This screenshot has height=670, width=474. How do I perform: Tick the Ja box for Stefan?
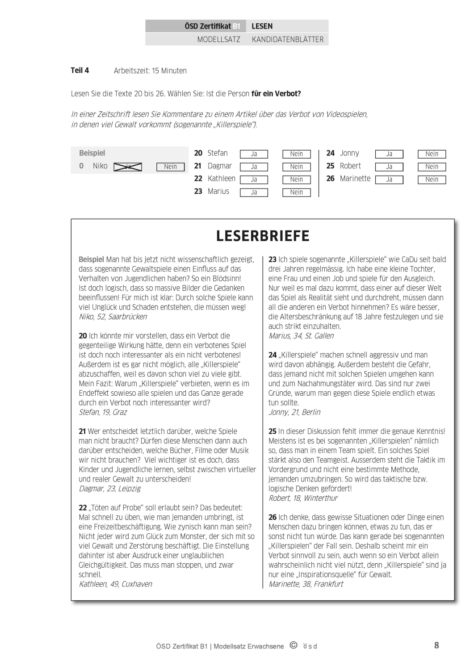click(x=254, y=154)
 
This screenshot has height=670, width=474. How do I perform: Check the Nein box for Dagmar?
click(x=296, y=167)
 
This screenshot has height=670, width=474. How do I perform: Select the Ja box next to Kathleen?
click(x=254, y=180)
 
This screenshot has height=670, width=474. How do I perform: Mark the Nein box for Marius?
click(x=296, y=193)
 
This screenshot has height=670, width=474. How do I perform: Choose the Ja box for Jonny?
click(x=389, y=154)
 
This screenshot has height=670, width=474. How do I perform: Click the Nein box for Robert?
click(x=432, y=167)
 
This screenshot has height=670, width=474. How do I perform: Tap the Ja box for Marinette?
click(x=389, y=180)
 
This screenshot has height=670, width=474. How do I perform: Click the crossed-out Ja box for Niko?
click(x=128, y=167)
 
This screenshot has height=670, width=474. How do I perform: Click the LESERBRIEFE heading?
click(x=263, y=236)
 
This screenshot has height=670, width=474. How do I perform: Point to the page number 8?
click(x=436, y=645)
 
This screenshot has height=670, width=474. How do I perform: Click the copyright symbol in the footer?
click(x=294, y=645)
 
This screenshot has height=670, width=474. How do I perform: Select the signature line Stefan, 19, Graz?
click(x=103, y=412)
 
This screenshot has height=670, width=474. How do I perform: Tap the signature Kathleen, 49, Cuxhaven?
click(x=115, y=584)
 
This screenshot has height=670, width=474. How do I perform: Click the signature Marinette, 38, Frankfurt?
click(x=306, y=584)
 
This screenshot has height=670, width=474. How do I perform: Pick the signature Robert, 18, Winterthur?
click(x=303, y=498)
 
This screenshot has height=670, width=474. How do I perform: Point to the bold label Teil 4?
click(x=80, y=70)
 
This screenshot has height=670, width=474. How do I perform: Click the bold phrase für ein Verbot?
click(x=276, y=94)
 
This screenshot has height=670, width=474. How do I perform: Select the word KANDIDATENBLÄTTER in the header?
click(x=288, y=39)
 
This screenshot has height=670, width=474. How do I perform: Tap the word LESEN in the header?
click(x=262, y=26)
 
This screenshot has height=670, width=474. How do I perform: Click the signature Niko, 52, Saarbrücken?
click(x=113, y=317)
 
